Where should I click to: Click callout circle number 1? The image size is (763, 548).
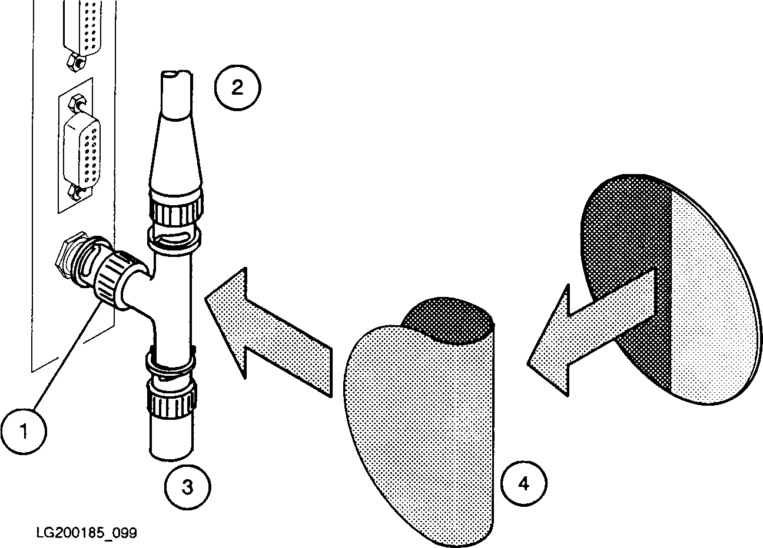(x=24, y=432)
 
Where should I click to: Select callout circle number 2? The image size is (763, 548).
(x=237, y=88)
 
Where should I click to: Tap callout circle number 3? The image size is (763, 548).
(x=188, y=487)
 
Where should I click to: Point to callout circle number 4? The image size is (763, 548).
(x=524, y=483)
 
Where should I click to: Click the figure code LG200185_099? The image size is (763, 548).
(x=87, y=533)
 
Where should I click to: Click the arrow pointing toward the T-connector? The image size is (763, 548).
(x=268, y=332)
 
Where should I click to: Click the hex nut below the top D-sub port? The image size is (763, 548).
(x=77, y=62)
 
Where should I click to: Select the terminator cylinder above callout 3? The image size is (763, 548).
(x=171, y=439)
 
